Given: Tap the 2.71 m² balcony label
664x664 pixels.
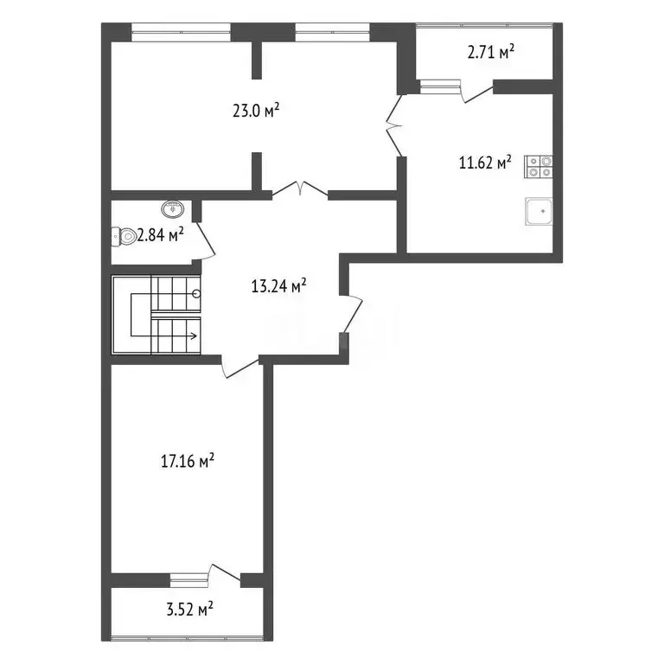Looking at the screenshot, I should tap(490, 52).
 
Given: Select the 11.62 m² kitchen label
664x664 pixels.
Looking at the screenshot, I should tap(485, 162).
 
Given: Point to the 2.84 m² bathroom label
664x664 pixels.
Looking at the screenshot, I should tap(162, 233).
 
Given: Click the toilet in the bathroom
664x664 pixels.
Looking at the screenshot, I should tap(124, 235).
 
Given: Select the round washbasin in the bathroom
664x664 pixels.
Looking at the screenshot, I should tap(173, 208).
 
